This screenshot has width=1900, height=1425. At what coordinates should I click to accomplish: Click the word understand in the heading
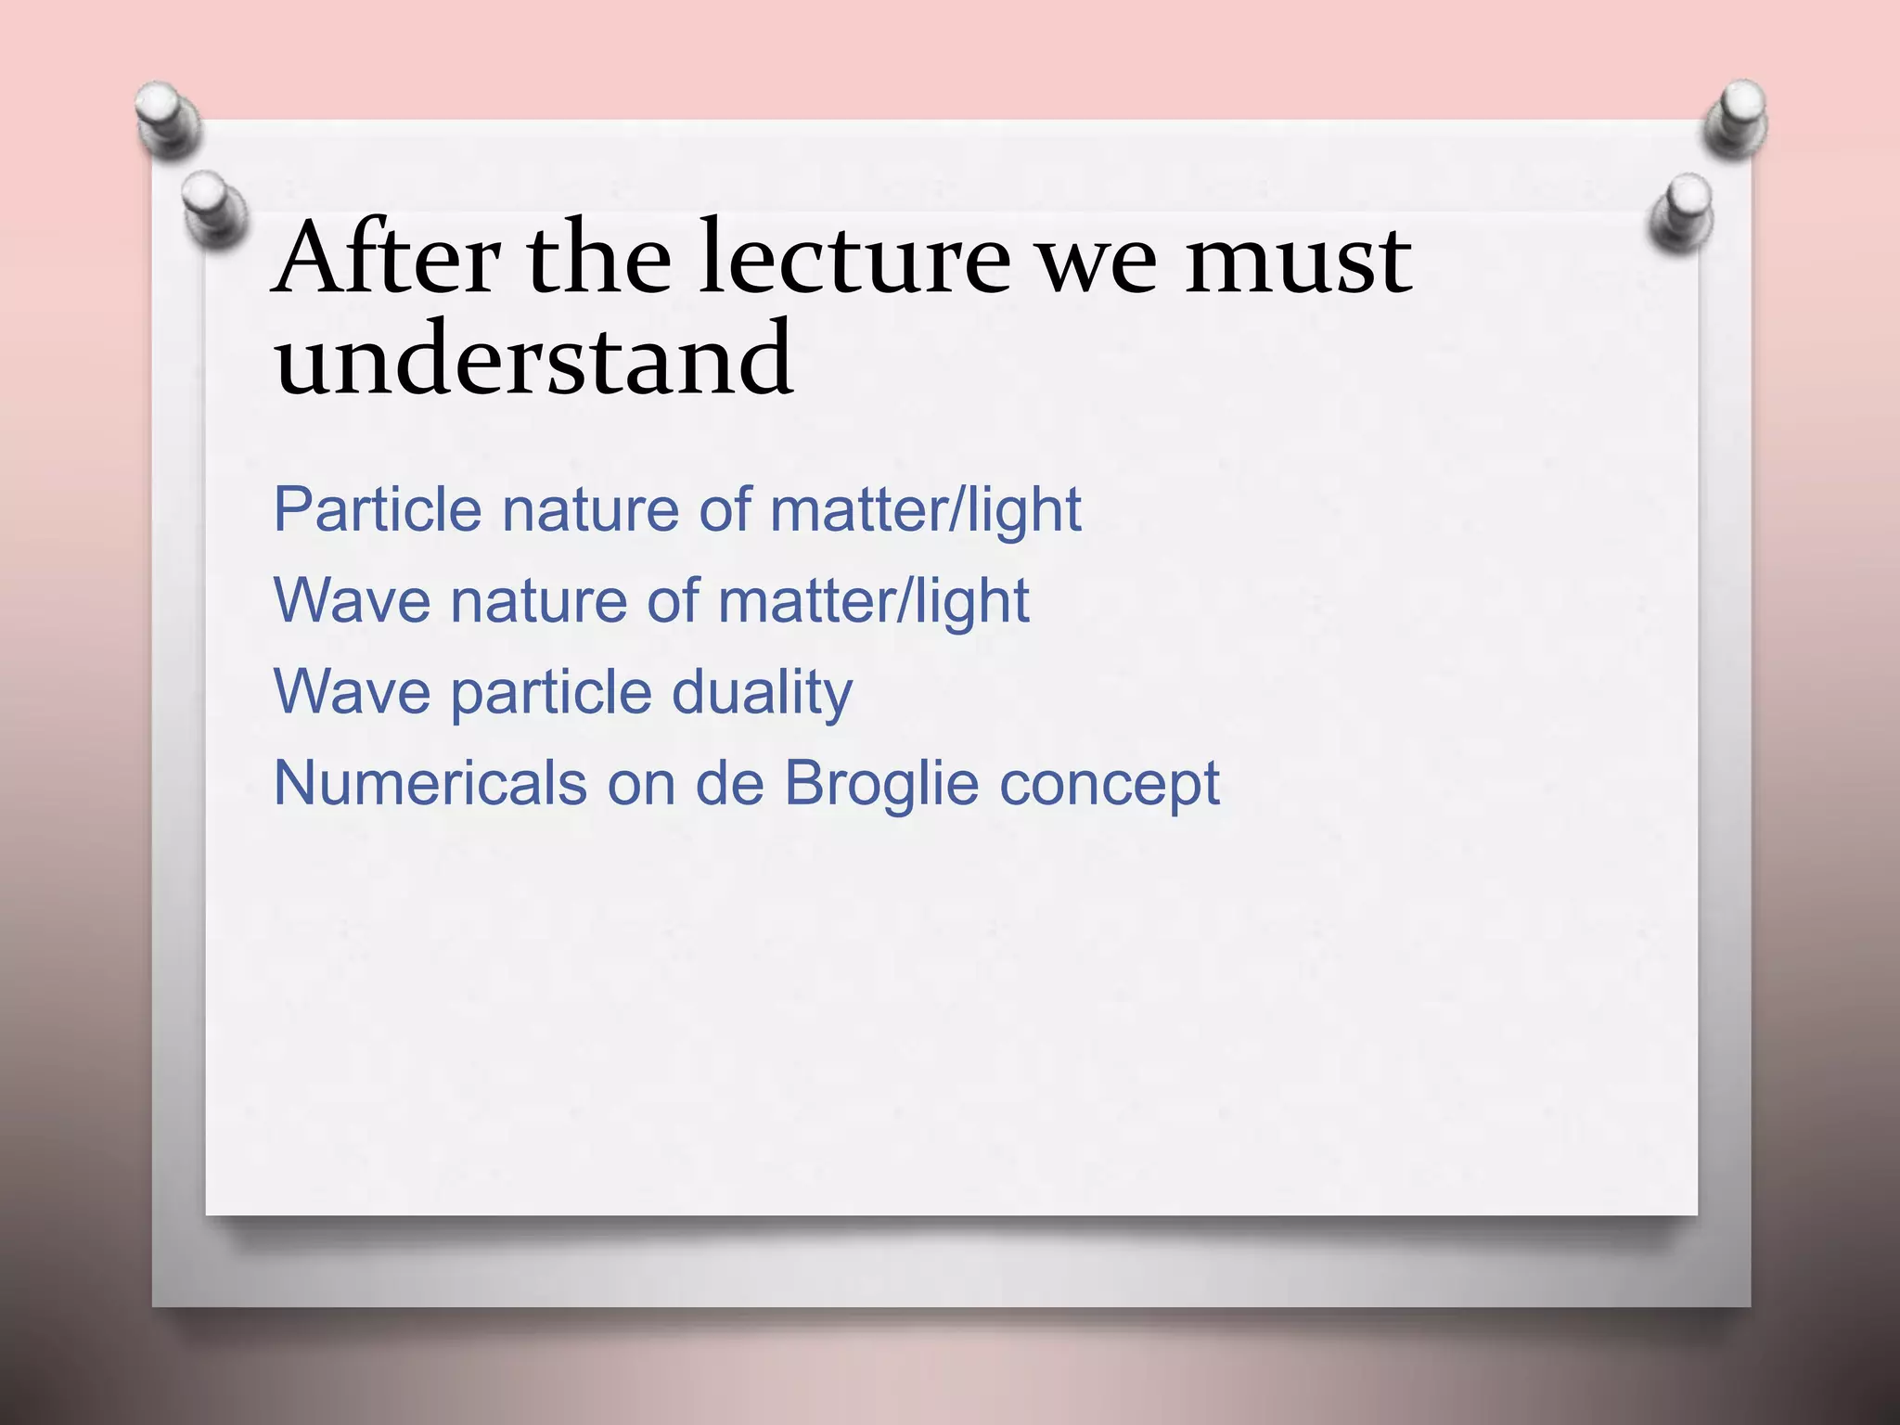point(533,358)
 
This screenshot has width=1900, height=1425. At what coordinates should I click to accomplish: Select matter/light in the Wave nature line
point(873,602)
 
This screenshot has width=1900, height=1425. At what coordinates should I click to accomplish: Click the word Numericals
point(430,783)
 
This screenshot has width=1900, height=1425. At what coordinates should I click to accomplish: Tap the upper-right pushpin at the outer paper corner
point(1737,116)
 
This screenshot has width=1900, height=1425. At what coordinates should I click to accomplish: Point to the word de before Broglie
point(729,783)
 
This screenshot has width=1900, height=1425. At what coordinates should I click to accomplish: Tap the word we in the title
point(1097,262)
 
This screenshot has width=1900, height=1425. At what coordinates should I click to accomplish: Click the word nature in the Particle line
point(591,511)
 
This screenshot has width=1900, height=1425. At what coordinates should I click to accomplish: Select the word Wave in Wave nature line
point(352,600)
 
